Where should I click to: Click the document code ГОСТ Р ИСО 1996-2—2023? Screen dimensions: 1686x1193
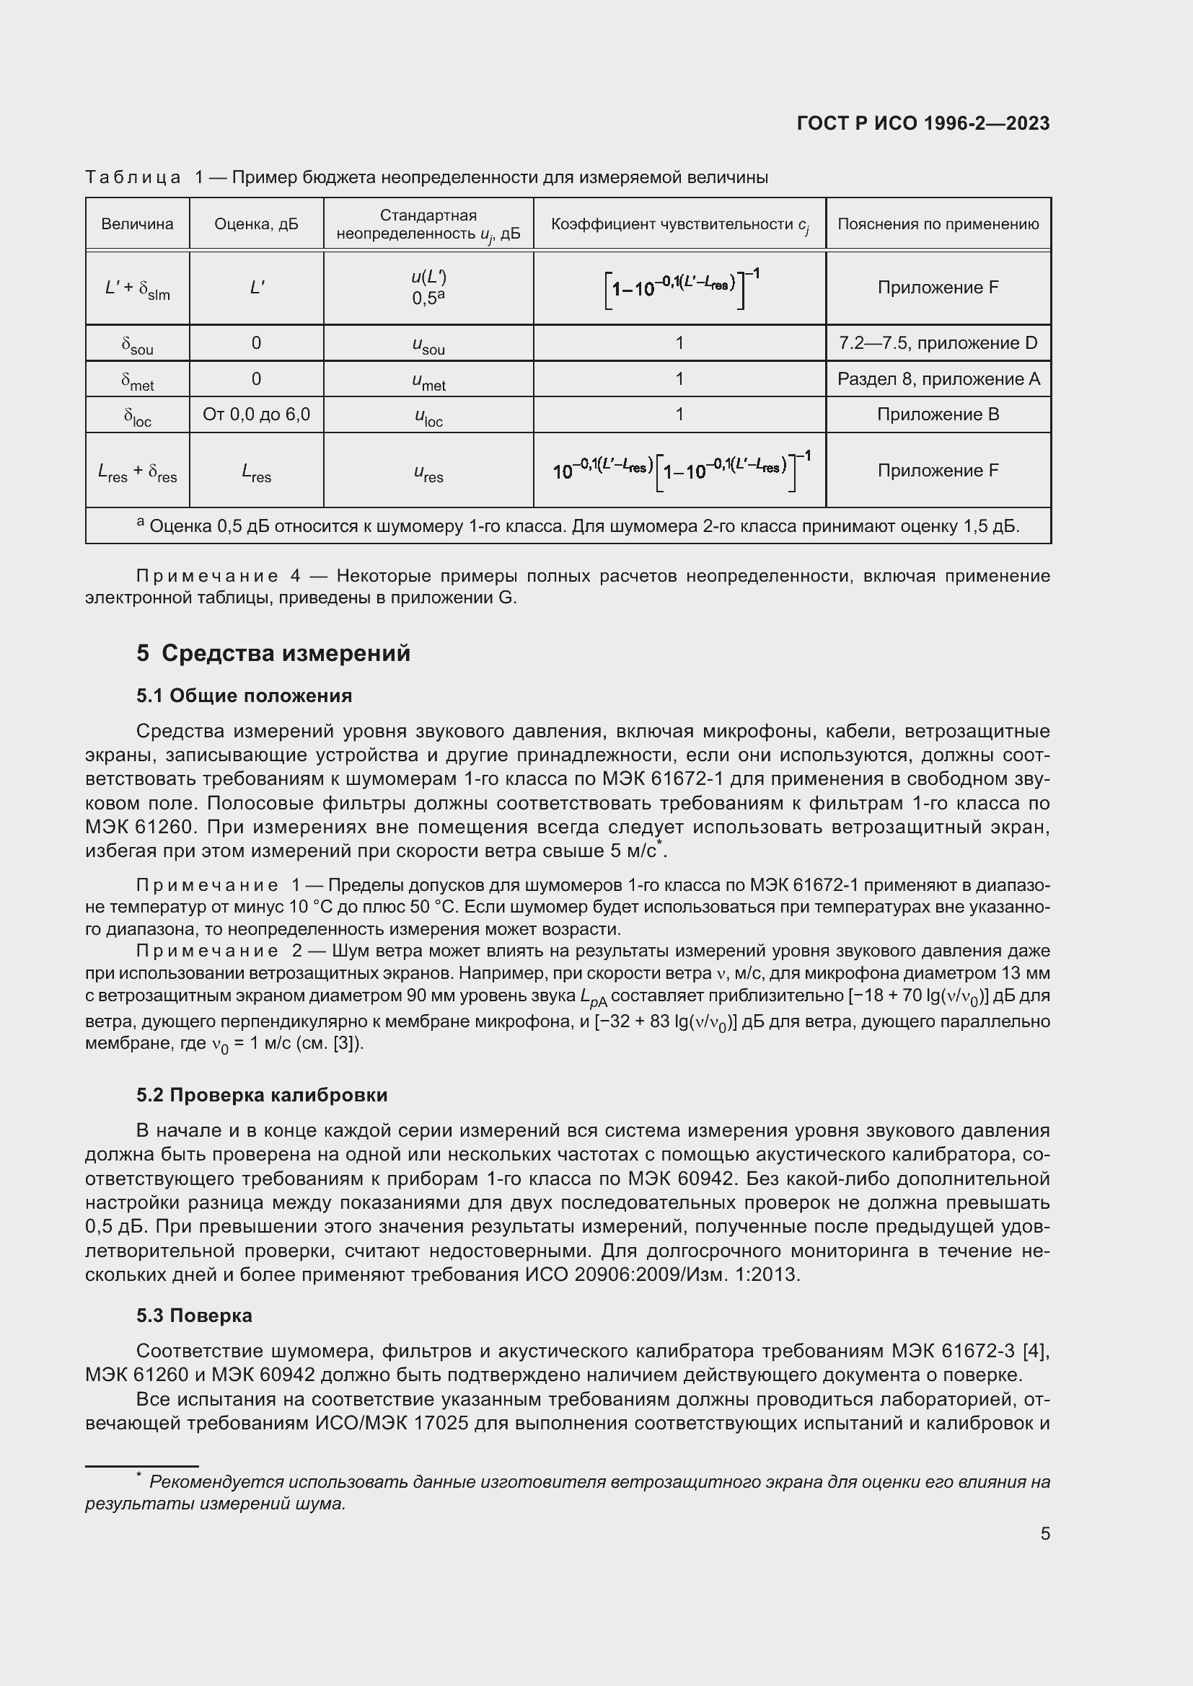click(x=923, y=123)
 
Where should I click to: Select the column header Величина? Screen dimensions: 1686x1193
click(x=137, y=224)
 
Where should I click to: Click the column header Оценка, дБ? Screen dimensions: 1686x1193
click(x=256, y=224)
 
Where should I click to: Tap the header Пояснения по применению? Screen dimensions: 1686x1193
click(x=938, y=224)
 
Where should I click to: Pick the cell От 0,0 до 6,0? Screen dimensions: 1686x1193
click(x=256, y=414)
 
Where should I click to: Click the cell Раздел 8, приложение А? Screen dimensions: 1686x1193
click(x=938, y=379)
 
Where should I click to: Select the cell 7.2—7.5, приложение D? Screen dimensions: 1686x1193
click(x=938, y=343)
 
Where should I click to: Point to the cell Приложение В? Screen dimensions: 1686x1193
click(x=938, y=414)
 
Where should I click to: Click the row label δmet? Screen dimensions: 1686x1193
click(x=137, y=381)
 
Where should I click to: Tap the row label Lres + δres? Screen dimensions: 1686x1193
click(x=137, y=471)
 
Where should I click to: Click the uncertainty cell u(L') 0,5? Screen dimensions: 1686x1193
click(x=428, y=287)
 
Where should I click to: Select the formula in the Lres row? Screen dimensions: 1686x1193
click(x=680, y=470)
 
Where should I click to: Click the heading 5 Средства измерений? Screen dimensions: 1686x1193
click(x=273, y=653)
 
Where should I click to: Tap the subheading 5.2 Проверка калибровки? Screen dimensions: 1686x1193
click(x=262, y=1095)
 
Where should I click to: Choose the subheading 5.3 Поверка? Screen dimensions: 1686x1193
click(x=194, y=1315)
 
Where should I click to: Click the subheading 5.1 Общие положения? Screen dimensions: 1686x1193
click(x=244, y=696)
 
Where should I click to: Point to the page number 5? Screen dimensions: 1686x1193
click(x=1044, y=1533)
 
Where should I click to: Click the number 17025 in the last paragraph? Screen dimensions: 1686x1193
click(x=441, y=1423)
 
